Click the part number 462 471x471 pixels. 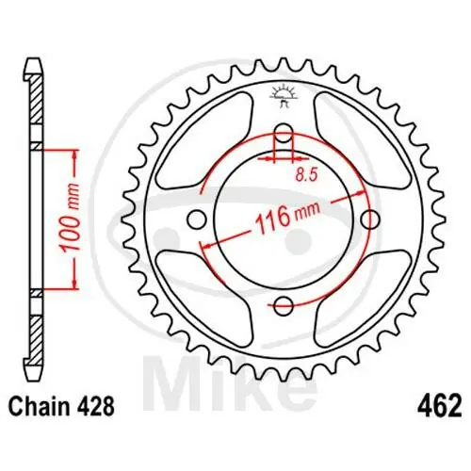tap(439, 409)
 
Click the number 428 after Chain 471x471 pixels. tap(97, 409)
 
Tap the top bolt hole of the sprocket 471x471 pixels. tap(284, 131)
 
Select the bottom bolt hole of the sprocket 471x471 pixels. tap(284, 304)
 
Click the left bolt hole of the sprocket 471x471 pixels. tap(197, 219)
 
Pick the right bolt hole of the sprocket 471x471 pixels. tap(370, 219)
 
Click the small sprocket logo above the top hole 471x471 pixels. tap(284, 95)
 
